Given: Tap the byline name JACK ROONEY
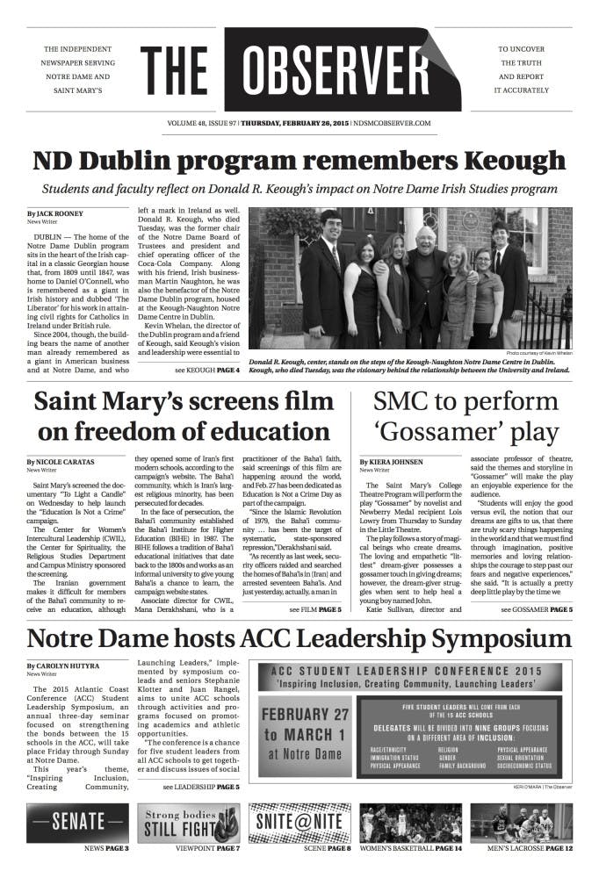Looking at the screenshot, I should (x=61, y=213).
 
